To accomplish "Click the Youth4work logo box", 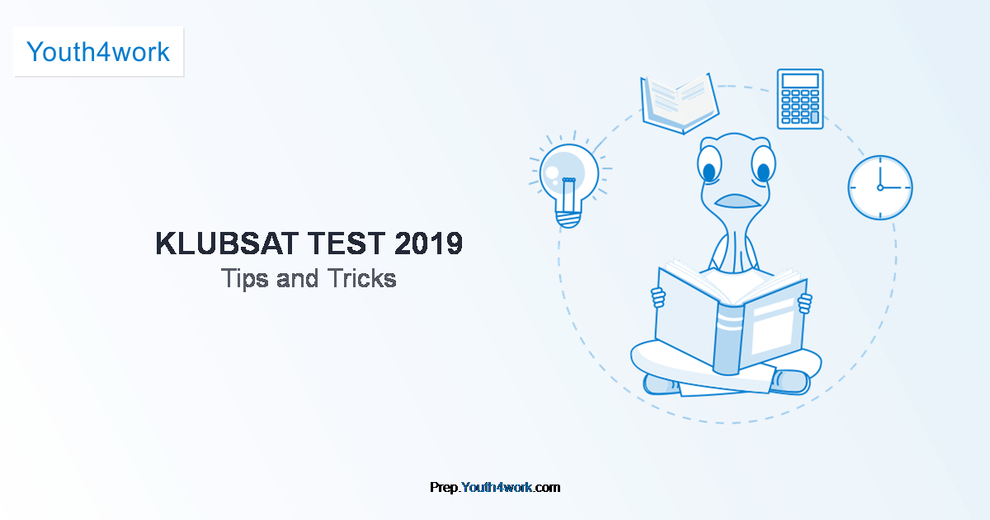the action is point(98,52).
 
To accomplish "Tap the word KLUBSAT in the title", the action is point(227,243).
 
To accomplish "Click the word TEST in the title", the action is point(346,243).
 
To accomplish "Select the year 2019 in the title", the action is point(428,243).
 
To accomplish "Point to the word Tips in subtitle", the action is point(245,279).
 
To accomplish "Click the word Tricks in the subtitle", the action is point(362,279).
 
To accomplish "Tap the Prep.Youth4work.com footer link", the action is point(495,487).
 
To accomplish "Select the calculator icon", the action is point(800,99).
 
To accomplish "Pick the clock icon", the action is point(880,187).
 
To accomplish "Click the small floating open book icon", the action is point(680,104).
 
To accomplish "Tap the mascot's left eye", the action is point(709,164).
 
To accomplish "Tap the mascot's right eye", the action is point(763,163).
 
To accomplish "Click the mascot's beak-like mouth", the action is point(738,201).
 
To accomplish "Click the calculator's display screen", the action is point(800,81).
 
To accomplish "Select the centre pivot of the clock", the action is point(880,188).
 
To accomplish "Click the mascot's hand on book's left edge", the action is point(658,297).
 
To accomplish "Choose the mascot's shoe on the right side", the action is point(791,382).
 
